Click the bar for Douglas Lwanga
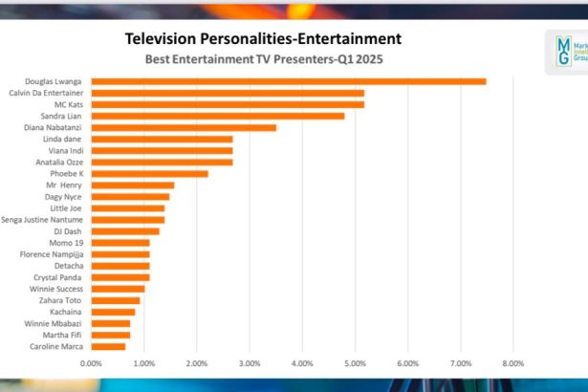[x=287, y=81]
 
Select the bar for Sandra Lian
[x=217, y=116]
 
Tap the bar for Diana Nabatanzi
[x=183, y=127]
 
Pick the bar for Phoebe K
[x=149, y=173]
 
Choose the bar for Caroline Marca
[x=108, y=346]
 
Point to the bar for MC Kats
[x=227, y=104]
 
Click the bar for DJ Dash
[x=125, y=231]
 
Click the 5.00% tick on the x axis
[x=355, y=363]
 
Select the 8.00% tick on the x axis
[x=512, y=363]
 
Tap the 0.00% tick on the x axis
[x=92, y=363]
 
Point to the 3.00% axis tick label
[x=250, y=363]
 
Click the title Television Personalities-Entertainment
[x=263, y=39]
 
